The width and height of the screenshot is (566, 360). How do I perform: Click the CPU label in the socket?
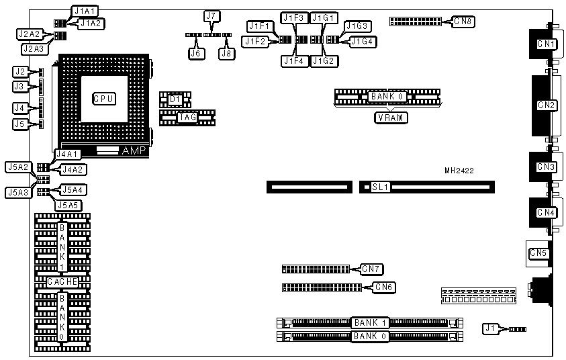tap(103, 99)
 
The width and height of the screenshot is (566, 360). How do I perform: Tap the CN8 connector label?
tap(463, 22)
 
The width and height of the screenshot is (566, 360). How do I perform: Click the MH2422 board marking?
tap(459, 171)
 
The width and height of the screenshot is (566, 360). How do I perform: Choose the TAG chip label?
tap(187, 118)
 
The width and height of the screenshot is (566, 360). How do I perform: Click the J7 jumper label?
tap(211, 15)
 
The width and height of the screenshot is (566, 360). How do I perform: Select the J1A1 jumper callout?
tap(85, 11)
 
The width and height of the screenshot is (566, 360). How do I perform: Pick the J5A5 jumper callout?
tap(70, 205)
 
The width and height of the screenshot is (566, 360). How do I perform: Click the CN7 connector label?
tap(371, 269)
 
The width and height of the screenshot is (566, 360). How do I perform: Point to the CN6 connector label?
tap(383, 287)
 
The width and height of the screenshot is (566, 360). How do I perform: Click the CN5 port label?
tap(538, 253)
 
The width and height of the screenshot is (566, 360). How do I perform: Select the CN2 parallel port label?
tap(547, 105)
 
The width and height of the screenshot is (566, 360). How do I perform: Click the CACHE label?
tap(62, 282)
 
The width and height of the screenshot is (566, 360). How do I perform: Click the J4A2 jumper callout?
tap(72, 171)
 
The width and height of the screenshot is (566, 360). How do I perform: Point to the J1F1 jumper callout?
tap(259, 27)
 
